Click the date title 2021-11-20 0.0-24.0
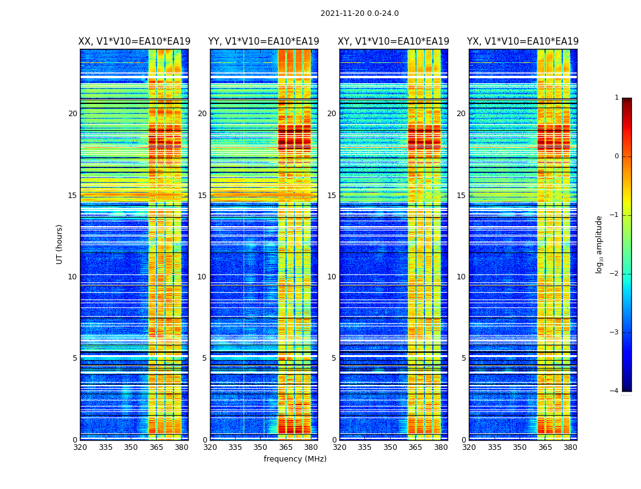click(360, 13)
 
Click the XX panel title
click(134, 42)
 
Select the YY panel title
click(264, 42)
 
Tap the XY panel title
click(394, 42)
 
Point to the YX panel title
click(523, 42)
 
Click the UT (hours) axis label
click(60, 244)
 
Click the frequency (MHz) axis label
click(295, 459)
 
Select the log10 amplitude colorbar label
click(599, 244)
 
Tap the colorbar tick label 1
click(617, 98)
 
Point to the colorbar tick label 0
click(617, 156)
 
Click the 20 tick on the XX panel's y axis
click(73, 114)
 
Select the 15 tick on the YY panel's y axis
click(202, 196)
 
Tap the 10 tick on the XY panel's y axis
click(331, 277)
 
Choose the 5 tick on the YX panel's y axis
click(464, 358)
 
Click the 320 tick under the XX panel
click(80, 447)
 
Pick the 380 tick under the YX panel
click(570, 447)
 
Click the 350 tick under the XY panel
click(390, 447)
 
